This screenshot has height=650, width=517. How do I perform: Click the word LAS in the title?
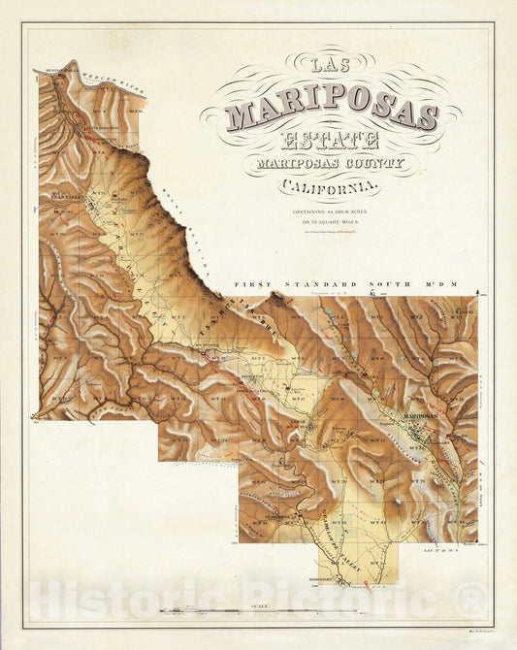coord(330,65)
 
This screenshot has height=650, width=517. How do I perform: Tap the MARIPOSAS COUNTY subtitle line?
coord(331,165)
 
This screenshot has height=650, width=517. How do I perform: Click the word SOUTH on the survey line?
coord(411,285)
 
